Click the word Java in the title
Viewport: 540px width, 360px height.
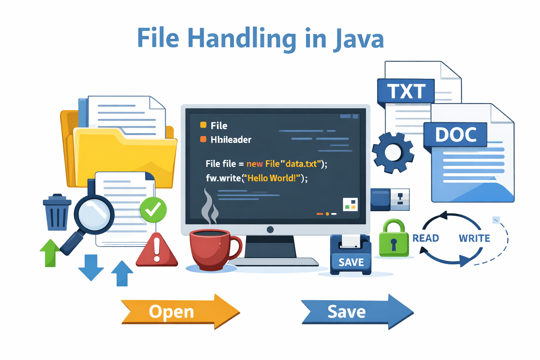tap(358, 39)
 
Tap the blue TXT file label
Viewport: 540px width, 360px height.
tap(406, 91)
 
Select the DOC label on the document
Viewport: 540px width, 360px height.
tap(456, 134)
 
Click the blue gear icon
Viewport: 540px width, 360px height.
tap(393, 153)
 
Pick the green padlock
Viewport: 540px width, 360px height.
tap(394, 239)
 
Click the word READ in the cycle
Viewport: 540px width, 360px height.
tap(426, 238)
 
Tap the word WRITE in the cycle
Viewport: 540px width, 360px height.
tap(474, 238)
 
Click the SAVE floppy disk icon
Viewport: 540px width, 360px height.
tap(351, 255)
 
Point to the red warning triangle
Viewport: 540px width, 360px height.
tap(157, 251)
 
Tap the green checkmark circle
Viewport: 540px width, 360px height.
tap(153, 210)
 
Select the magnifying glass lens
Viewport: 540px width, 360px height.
tap(94, 214)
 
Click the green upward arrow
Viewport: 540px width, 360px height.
tap(50, 252)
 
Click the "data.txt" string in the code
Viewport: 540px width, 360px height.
tap(301, 164)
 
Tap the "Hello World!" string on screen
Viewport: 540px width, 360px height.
tap(272, 178)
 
